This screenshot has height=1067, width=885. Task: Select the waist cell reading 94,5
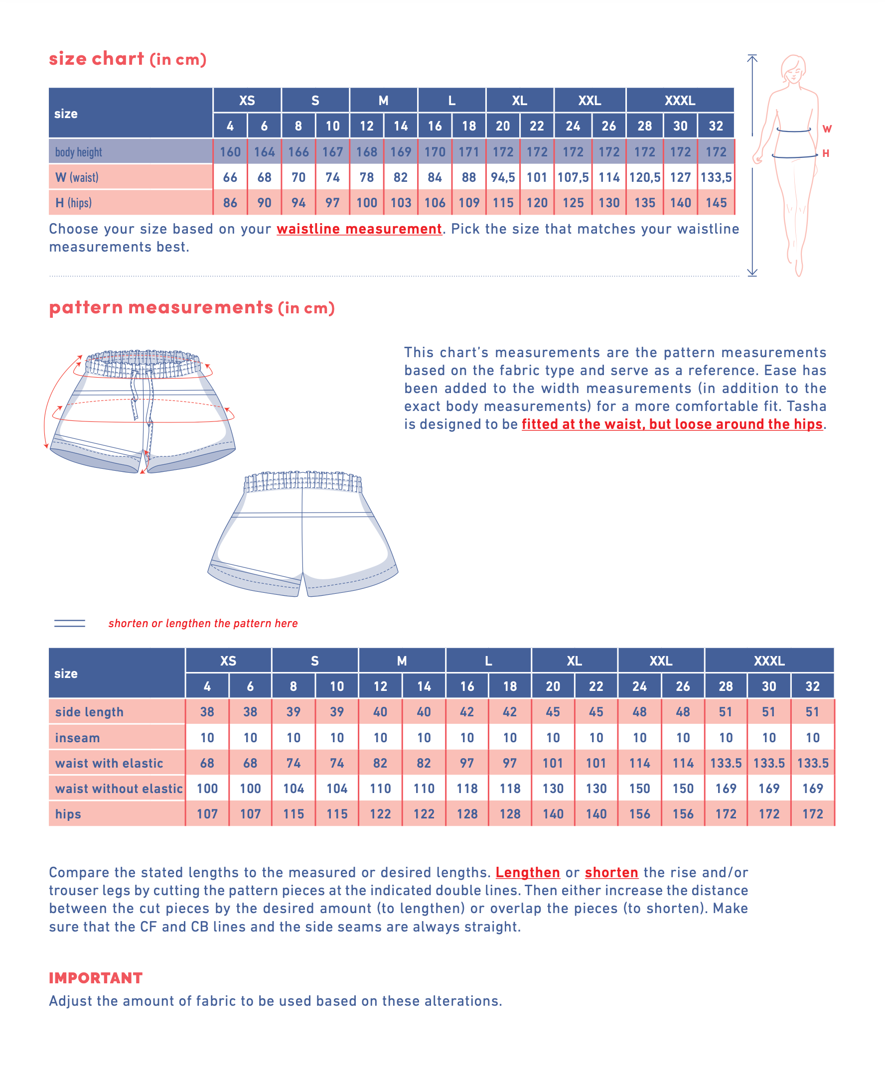point(502,177)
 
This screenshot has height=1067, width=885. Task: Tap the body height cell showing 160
point(230,152)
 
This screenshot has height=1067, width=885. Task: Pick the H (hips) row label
point(74,203)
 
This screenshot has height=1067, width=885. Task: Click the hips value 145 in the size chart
point(716,203)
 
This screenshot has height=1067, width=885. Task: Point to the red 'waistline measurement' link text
point(359,229)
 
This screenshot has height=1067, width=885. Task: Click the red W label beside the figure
point(827,129)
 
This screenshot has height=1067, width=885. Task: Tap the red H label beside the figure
point(826,153)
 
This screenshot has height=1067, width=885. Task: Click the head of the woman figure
point(793,69)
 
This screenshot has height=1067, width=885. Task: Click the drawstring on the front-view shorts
point(136,397)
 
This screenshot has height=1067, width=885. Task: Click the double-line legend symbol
point(70,624)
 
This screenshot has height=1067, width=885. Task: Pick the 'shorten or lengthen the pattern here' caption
point(203,624)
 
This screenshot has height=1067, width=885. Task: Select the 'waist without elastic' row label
point(119,789)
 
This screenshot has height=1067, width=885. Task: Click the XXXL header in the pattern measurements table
point(768,661)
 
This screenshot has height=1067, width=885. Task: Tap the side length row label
point(90,712)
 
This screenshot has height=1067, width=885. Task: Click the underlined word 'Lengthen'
point(528,872)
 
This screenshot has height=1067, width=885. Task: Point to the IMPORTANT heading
point(96,978)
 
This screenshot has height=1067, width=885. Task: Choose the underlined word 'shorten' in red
point(611,872)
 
